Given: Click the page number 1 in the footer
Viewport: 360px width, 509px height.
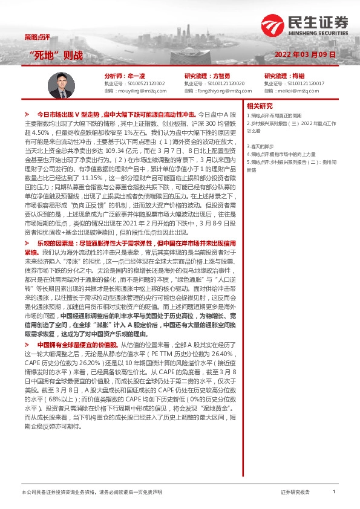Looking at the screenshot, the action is click(x=333, y=492).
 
